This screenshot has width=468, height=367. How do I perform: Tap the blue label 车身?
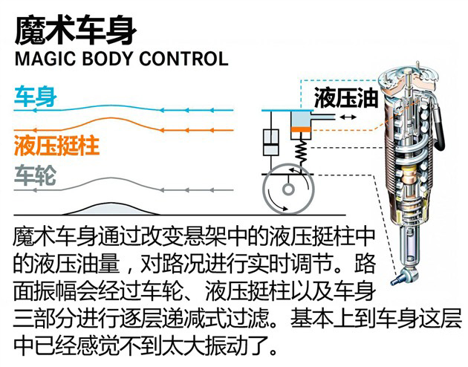35,97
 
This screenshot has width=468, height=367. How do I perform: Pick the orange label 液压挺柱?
56,143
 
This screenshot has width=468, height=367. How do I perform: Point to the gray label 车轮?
34,175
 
